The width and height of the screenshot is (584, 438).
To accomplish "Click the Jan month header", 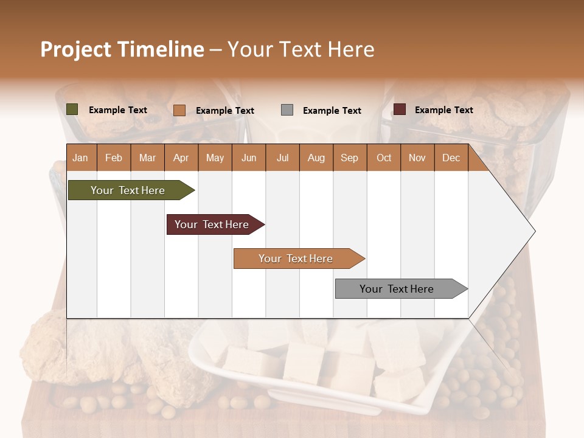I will click(x=80, y=158).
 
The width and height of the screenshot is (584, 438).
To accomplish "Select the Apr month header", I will click(x=181, y=158).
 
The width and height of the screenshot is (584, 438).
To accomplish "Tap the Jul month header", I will click(x=282, y=158).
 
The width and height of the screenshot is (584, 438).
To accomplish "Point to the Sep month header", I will click(x=349, y=158).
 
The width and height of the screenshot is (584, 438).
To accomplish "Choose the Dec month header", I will click(x=451, y=158).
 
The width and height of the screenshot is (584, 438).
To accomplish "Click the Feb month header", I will click(x=114, y=158).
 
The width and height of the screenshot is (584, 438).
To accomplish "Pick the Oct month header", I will click(x=384, y=158).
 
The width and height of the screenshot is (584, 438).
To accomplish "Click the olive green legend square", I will click(x=72, y=109).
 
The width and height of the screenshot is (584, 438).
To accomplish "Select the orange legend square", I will click(x=179, y=110).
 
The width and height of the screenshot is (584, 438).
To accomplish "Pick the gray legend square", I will click(x=287, y=110).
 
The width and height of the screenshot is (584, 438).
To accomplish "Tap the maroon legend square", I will click(x=400, y=109).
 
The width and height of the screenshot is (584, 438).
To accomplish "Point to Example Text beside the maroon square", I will click(x=443, y=110).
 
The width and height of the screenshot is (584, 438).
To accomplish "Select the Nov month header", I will click(x=417, y=158).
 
